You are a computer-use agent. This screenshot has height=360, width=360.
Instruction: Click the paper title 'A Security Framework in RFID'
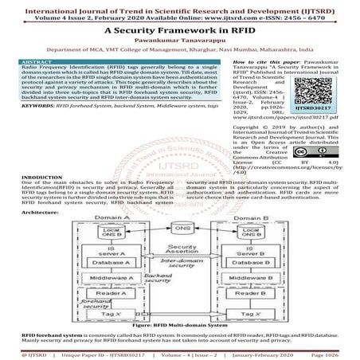(179, 28)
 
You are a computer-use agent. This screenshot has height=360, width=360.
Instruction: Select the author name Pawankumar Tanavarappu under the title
(179, 38)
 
